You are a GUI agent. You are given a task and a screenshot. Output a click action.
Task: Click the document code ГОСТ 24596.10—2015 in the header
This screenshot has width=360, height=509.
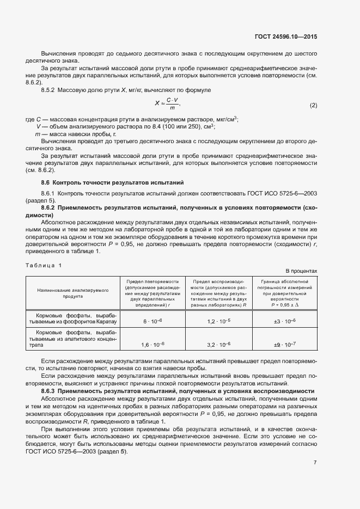pos(285,36)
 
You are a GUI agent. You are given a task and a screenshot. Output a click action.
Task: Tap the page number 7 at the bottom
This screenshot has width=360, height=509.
pos(315,463)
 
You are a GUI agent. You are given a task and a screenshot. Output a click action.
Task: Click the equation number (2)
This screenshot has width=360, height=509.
pos(313,105)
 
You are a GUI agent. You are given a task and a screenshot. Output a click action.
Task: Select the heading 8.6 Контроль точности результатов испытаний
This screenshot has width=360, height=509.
pos(113,182)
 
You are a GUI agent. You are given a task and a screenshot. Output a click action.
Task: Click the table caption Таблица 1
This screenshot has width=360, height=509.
pos(44,265)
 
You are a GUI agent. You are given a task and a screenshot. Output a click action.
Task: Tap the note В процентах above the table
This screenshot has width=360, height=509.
pos(301,271)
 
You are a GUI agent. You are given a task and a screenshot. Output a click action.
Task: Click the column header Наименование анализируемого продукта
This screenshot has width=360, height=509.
pos(73,294)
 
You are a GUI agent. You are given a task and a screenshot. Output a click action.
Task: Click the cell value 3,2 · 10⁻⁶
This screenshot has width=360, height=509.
pos(219,345)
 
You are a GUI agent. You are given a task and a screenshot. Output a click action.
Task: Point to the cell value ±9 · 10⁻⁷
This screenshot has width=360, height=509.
pos(284,345)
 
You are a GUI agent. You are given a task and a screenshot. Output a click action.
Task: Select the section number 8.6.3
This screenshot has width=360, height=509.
pos(51,391)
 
